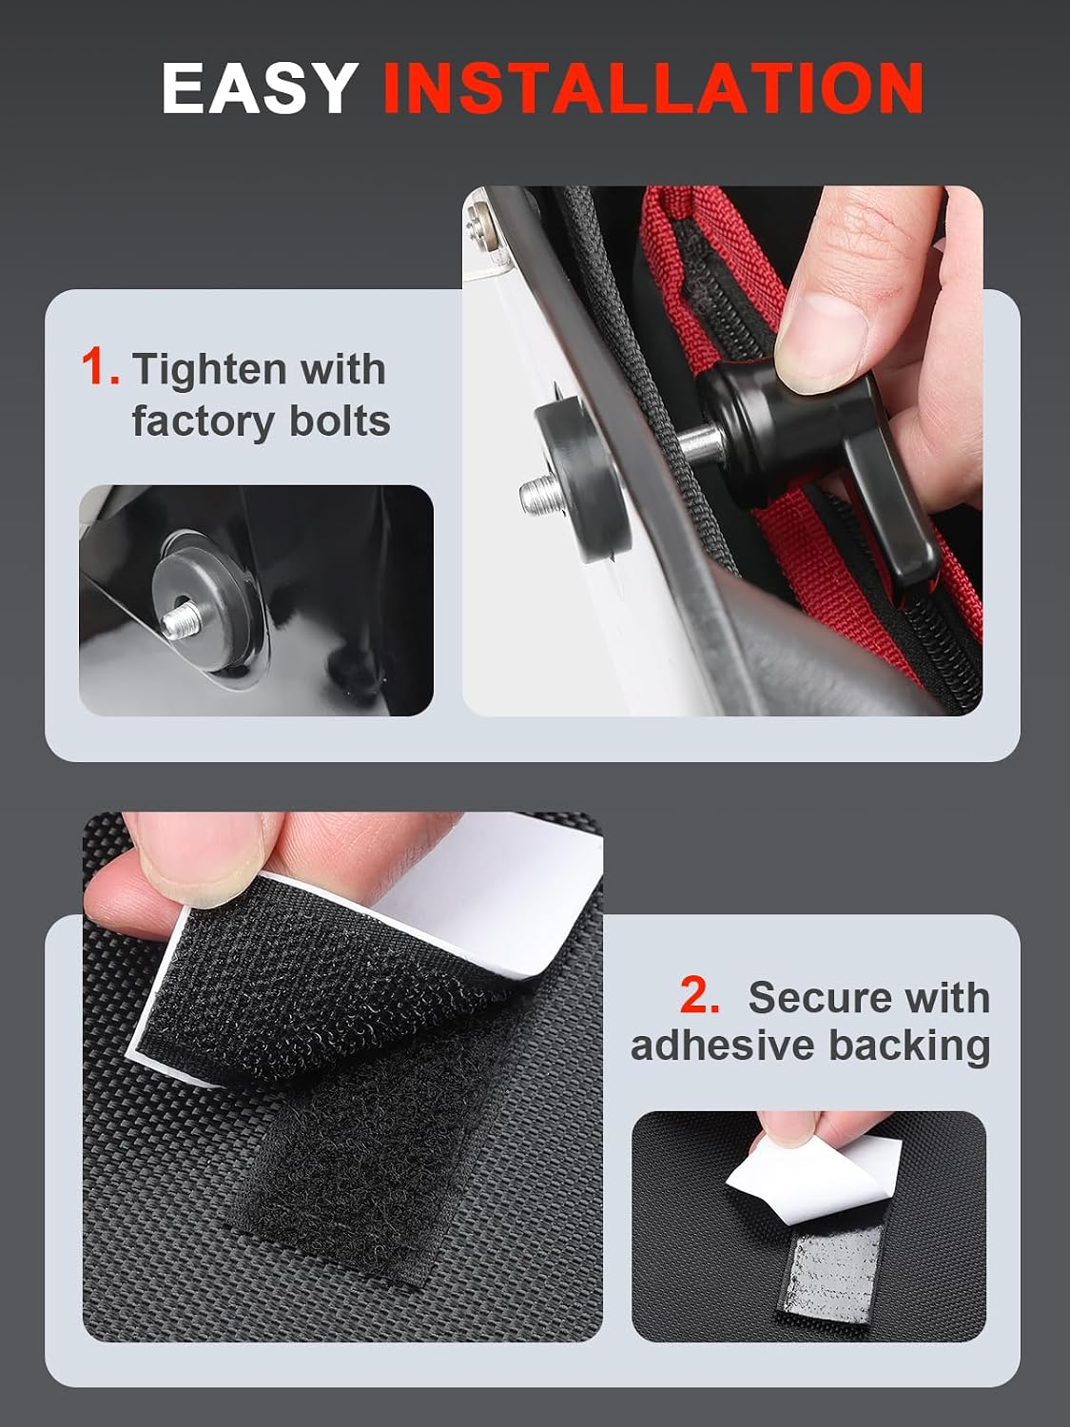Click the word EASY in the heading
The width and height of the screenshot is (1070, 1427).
260,88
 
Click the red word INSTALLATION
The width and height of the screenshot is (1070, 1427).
652,88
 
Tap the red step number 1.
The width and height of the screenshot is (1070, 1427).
99,368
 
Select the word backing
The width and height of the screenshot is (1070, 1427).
909,1048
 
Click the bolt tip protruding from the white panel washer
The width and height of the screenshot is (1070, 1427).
538,495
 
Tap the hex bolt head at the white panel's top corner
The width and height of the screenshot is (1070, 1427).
480,223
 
